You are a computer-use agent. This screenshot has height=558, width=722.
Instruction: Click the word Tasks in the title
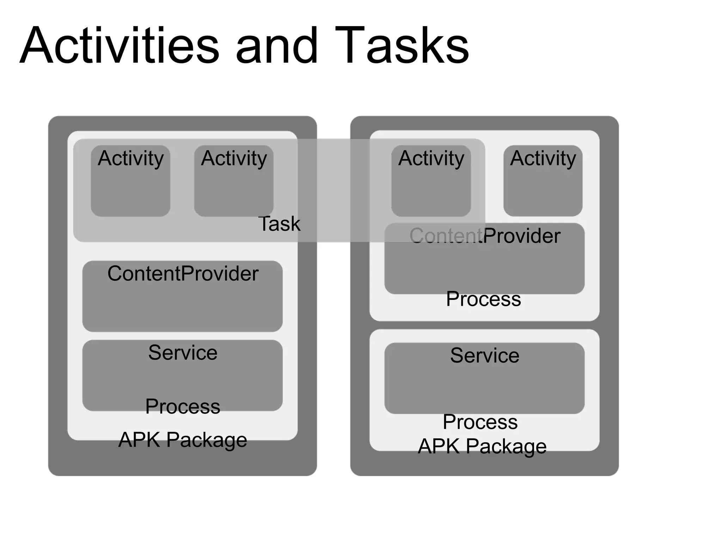(402, 46)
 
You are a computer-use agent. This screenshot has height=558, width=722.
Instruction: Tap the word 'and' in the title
(277, 46)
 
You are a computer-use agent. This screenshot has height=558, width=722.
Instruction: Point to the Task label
(279, 224)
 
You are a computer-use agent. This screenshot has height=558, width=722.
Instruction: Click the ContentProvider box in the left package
(182, 303)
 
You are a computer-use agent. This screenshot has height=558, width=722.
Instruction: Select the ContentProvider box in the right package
(484, 265)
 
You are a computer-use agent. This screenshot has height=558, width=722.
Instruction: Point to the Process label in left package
(183, 406)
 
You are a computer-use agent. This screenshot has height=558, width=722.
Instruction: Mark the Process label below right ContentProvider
(483, 299)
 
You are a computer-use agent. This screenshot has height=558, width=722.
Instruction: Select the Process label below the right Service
(480, 422)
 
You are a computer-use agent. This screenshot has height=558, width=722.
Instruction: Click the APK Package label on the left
(183, 440)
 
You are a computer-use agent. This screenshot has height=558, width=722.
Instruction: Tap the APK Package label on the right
(482, 446)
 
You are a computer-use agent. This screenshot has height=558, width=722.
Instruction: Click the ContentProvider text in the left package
(183, 274)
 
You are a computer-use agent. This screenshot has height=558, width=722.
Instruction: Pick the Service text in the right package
(485, 355)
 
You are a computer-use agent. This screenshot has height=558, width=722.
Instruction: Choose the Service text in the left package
(183, 352)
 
